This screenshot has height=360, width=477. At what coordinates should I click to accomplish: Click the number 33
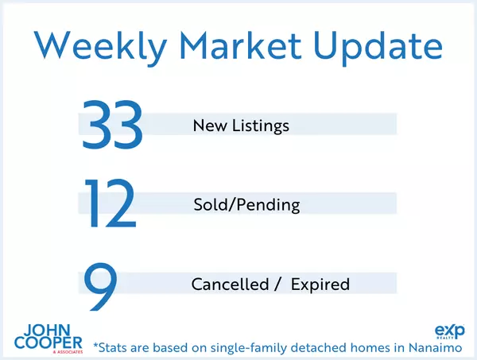coord(112,125)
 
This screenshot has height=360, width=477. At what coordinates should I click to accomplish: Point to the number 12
coord(111,203)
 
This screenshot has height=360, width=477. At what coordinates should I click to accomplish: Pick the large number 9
coord(101,287)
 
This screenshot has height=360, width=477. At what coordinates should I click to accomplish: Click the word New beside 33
coord(210,126)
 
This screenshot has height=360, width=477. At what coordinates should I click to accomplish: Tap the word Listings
coord(261,126)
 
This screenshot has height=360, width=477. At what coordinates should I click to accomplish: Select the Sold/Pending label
coord(246,205)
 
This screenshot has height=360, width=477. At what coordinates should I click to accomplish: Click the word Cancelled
coord(230,285)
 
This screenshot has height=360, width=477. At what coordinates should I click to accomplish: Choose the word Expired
coord(320,285)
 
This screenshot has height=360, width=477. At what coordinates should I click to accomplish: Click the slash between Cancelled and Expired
coord(277,285)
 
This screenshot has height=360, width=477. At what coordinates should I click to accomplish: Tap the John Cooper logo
coord(48,339)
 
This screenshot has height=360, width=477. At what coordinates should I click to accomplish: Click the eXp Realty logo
coord(450,331)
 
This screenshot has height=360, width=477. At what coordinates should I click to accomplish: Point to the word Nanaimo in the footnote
coord(436,347)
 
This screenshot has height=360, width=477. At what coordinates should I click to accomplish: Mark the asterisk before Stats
coord(96,346)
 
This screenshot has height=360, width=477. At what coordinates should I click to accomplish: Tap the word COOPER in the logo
coord(48,343)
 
